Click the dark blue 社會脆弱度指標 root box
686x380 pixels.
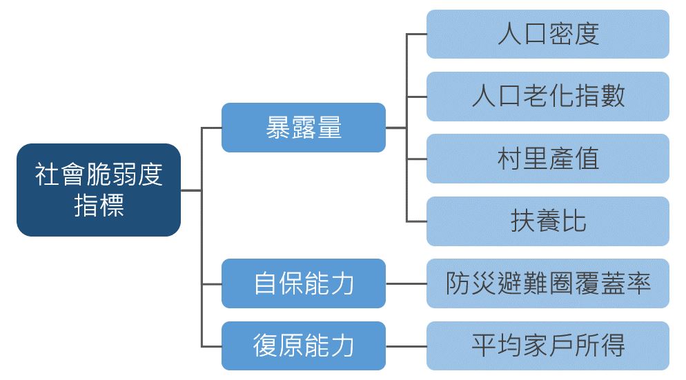[99, 190]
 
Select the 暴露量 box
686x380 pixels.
[303, 128]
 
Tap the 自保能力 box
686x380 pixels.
[303, 283]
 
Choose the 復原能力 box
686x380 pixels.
[303, 346]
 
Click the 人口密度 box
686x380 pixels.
[548, 34]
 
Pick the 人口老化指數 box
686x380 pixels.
[548, 97]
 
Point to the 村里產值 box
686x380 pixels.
[548, 159]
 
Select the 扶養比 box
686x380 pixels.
[548, 221]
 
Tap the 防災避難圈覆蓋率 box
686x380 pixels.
[548, 283]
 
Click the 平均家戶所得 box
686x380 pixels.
[548, 346]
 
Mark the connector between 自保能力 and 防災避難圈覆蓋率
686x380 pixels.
[406, 284]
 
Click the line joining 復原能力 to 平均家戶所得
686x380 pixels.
[406, 346]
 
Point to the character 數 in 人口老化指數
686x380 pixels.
[613, 96]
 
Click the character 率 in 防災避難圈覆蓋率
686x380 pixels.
[639, 283]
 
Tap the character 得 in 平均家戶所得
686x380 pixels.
[613, 346]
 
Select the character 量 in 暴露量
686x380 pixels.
[329, 128]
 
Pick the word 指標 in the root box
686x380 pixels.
[99, 206]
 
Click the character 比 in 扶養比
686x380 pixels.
[574, 221]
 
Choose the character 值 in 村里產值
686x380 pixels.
[587, 159]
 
